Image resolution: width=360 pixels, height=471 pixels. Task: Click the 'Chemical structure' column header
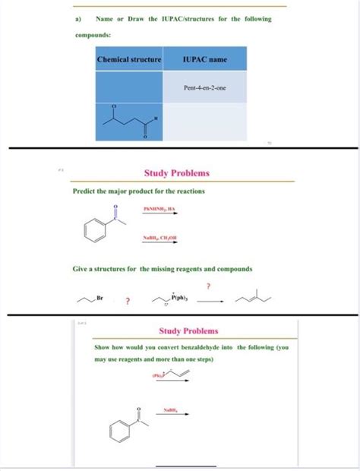point(129,58)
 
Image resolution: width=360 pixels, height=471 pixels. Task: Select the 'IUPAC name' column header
point(204,58)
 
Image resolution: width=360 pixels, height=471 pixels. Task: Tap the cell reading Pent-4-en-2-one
point(204,87)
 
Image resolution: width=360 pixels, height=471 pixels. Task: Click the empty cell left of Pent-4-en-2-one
point(129,87)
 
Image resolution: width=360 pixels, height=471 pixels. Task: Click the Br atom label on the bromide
point(101,300)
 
